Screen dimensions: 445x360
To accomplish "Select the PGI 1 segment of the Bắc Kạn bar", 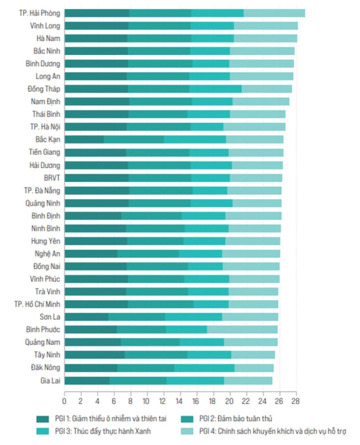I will [84, 139].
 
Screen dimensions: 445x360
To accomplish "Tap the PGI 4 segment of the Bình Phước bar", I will [242, 329].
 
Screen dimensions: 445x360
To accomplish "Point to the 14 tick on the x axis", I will [180, 400].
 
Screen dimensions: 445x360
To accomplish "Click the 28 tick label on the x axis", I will [295, 400].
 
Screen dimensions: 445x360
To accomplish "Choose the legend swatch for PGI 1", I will [43, 419].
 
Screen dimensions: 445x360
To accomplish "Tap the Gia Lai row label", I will [49, 380].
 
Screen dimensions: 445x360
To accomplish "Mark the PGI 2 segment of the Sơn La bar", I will [137, 317].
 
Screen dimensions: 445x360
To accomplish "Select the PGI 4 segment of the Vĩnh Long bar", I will [265, 26].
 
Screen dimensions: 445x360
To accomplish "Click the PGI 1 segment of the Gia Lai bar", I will [87, 380].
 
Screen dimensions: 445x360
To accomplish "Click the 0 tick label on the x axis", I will [65, 400].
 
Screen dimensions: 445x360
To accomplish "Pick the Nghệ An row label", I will [47, 253].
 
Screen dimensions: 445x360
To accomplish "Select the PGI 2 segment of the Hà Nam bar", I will [159, 38].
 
